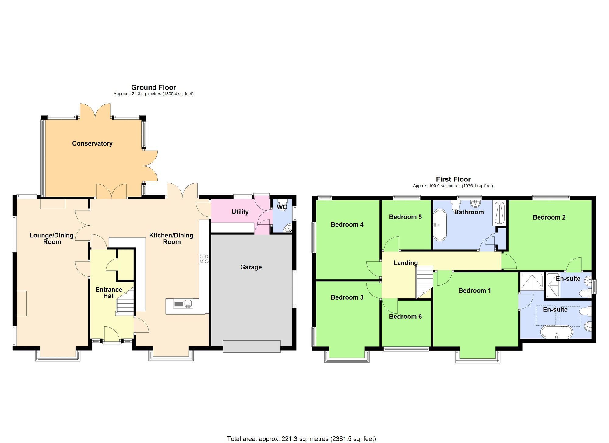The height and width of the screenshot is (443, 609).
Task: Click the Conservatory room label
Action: click(x=92, y=143)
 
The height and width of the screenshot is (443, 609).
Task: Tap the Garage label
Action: click(x=251, y=267)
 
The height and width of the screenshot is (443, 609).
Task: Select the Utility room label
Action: click(x=240, y=212)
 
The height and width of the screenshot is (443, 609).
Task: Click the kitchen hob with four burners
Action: click(x=204, y=259)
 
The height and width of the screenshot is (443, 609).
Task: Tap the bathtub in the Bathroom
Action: click(x=440, y=225)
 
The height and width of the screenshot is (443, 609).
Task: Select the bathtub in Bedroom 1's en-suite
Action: click(x=557, y=332)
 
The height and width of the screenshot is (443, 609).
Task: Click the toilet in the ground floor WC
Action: click(x=283, y=202)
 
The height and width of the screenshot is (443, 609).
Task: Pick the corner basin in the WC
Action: click(x=288, y=229)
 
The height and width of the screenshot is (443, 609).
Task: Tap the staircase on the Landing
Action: click(x=424, y=282)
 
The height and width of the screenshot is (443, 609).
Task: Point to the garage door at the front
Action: click(x=252, y=346)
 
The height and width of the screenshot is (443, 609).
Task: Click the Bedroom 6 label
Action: click(x=405, y=317)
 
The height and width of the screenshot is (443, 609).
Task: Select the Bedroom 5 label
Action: click(x=405, y=217)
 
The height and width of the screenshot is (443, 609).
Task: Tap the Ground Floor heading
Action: click(x=153, y=87)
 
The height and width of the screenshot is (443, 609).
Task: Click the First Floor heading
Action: click(x=453, y=179)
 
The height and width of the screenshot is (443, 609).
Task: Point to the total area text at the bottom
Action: click(x=301, y=439)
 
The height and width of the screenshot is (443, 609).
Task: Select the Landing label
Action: click(x=405, y=263)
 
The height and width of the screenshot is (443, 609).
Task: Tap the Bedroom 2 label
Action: click(x=549, y=217)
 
